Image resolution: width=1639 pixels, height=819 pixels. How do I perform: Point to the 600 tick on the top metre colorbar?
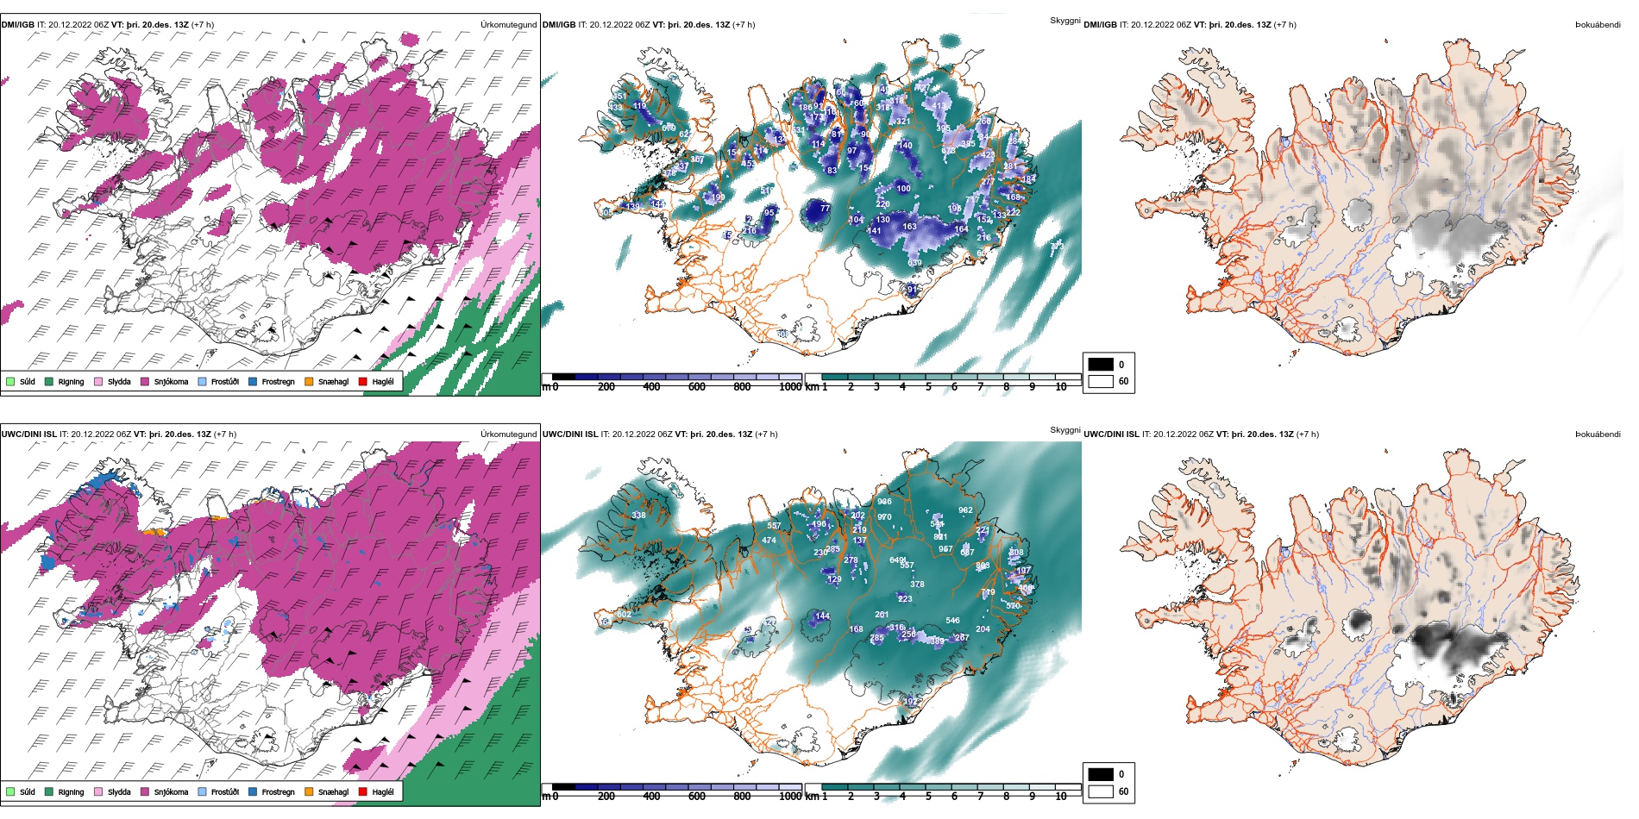[x=696, y=387]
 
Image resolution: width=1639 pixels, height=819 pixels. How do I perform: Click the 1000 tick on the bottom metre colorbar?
[x=790, y=797]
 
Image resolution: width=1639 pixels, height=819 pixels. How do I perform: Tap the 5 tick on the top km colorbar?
[x=928, y=387]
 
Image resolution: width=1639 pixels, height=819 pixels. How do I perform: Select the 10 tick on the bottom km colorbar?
[x=1061, y=797]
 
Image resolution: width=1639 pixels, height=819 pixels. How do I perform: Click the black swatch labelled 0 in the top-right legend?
[x=1101, y=364]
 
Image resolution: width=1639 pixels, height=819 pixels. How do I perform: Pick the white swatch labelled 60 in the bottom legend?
[x=1101, y=791]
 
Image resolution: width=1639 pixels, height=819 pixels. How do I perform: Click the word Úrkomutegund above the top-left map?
[x=508, y=25]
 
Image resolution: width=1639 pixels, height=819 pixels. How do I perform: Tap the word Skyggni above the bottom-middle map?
[x=1064, y=429]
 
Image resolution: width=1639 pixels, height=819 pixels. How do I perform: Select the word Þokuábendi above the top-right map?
[x=1598, y=25]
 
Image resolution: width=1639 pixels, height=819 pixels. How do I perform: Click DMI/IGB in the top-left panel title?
[x=18, y=25]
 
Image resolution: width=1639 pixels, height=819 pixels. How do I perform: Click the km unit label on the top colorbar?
[x=812, y=387]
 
